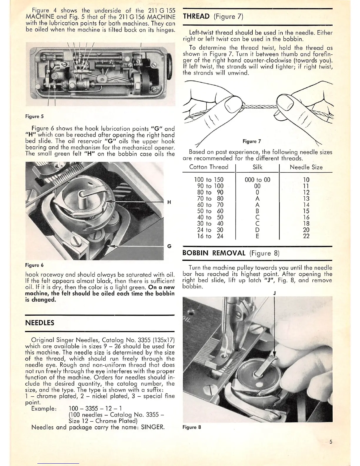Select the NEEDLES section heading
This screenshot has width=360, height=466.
(40, 323)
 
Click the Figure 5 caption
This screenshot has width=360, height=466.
(34, 116)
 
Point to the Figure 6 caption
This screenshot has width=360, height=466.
(34, 265)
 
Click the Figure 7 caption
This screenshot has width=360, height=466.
(252, 142)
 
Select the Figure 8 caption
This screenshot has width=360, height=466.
(191, 427)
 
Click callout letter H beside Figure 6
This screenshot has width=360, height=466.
(169, 202)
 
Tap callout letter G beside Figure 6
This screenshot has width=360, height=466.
(169, 246)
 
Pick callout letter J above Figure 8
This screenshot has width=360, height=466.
(274, 293)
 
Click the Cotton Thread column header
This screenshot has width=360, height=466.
(209, 167)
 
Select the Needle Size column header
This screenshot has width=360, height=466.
(306, 167)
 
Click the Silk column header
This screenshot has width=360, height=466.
(257, 167)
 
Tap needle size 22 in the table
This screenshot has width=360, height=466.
(306, 236)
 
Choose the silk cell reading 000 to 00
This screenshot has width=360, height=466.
(257, 180)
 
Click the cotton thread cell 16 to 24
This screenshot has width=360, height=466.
(209, 236)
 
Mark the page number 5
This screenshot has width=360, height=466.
(331, 442)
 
